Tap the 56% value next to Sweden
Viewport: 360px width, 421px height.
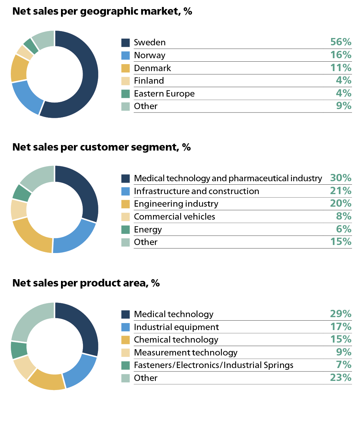pyautogui.click(x=340, y=42)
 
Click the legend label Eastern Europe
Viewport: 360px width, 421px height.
pyautogui.click(x=164, y=94)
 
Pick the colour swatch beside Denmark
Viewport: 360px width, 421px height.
pyautogui.click(x=125, y=68)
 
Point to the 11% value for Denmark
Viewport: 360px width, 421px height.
pyautogui.click(x=340, y=68)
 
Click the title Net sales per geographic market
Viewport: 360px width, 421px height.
pyautogui.click(x=102, y=12)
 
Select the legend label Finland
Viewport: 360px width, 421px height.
pyautogui.click(x=149, y=81)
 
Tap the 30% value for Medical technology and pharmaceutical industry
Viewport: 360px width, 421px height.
pyautogui.click(x=340, y=178)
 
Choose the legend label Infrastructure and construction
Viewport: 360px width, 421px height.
pyautogui.click(x=196, y=191)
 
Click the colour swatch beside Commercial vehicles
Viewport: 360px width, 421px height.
pyautogui.click(x=125, y=217)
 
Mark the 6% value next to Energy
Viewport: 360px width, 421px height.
pyautogui.click(x=343, y=229)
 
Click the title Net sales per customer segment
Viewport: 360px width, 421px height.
pyautogui.click(x=101, y=147)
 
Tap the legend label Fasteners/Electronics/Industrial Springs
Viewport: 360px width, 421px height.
pyautogui.click(x=213, y=365)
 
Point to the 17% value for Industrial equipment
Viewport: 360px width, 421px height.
pyautogui.click(x=340, y=327)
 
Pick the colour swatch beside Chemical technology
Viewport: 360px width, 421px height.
pyautogui.click(x=125, y=340)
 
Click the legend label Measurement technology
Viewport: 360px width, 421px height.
pyautogui.click(x=185, y=353)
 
